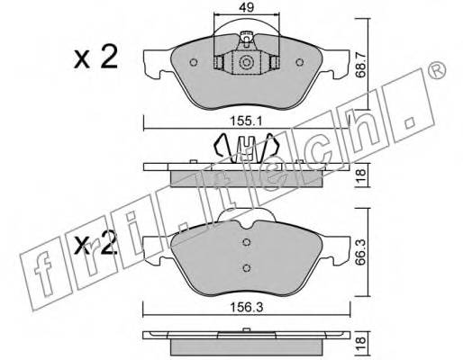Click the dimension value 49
(x=247, y=7)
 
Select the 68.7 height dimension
(x=361, y=65)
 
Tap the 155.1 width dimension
(x=246, y=121)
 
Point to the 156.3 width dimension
(x=246, y=307)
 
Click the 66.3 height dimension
(x=361, y=252)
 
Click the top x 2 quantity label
(x=95, y=58)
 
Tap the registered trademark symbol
(x=436, y=71)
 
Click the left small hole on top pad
(x=194, y=62)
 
